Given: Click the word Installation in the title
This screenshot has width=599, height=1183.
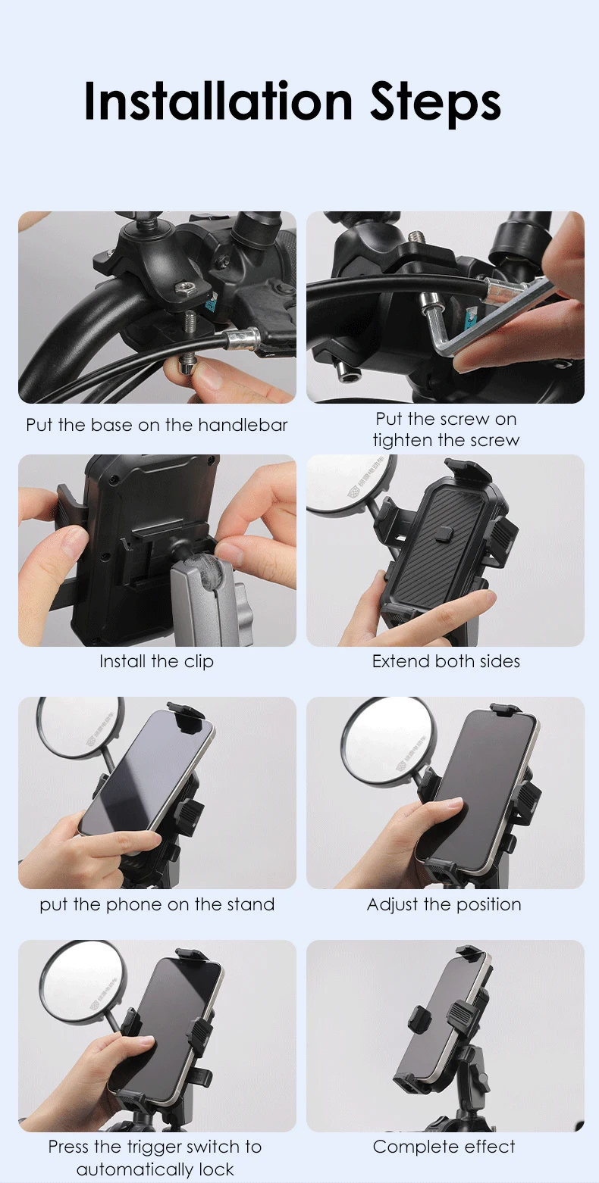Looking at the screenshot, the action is [218, 101].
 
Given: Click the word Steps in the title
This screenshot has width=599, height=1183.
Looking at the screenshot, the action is [435, 104].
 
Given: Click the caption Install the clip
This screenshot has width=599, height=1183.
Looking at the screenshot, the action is [156, 662].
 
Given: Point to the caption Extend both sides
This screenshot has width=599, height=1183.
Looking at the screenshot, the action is [446, 661].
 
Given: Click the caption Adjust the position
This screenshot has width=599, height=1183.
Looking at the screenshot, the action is [444, 905].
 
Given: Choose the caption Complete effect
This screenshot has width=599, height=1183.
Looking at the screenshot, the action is [444, 1147].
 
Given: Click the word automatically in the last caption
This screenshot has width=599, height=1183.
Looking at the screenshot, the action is [134, 1169].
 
